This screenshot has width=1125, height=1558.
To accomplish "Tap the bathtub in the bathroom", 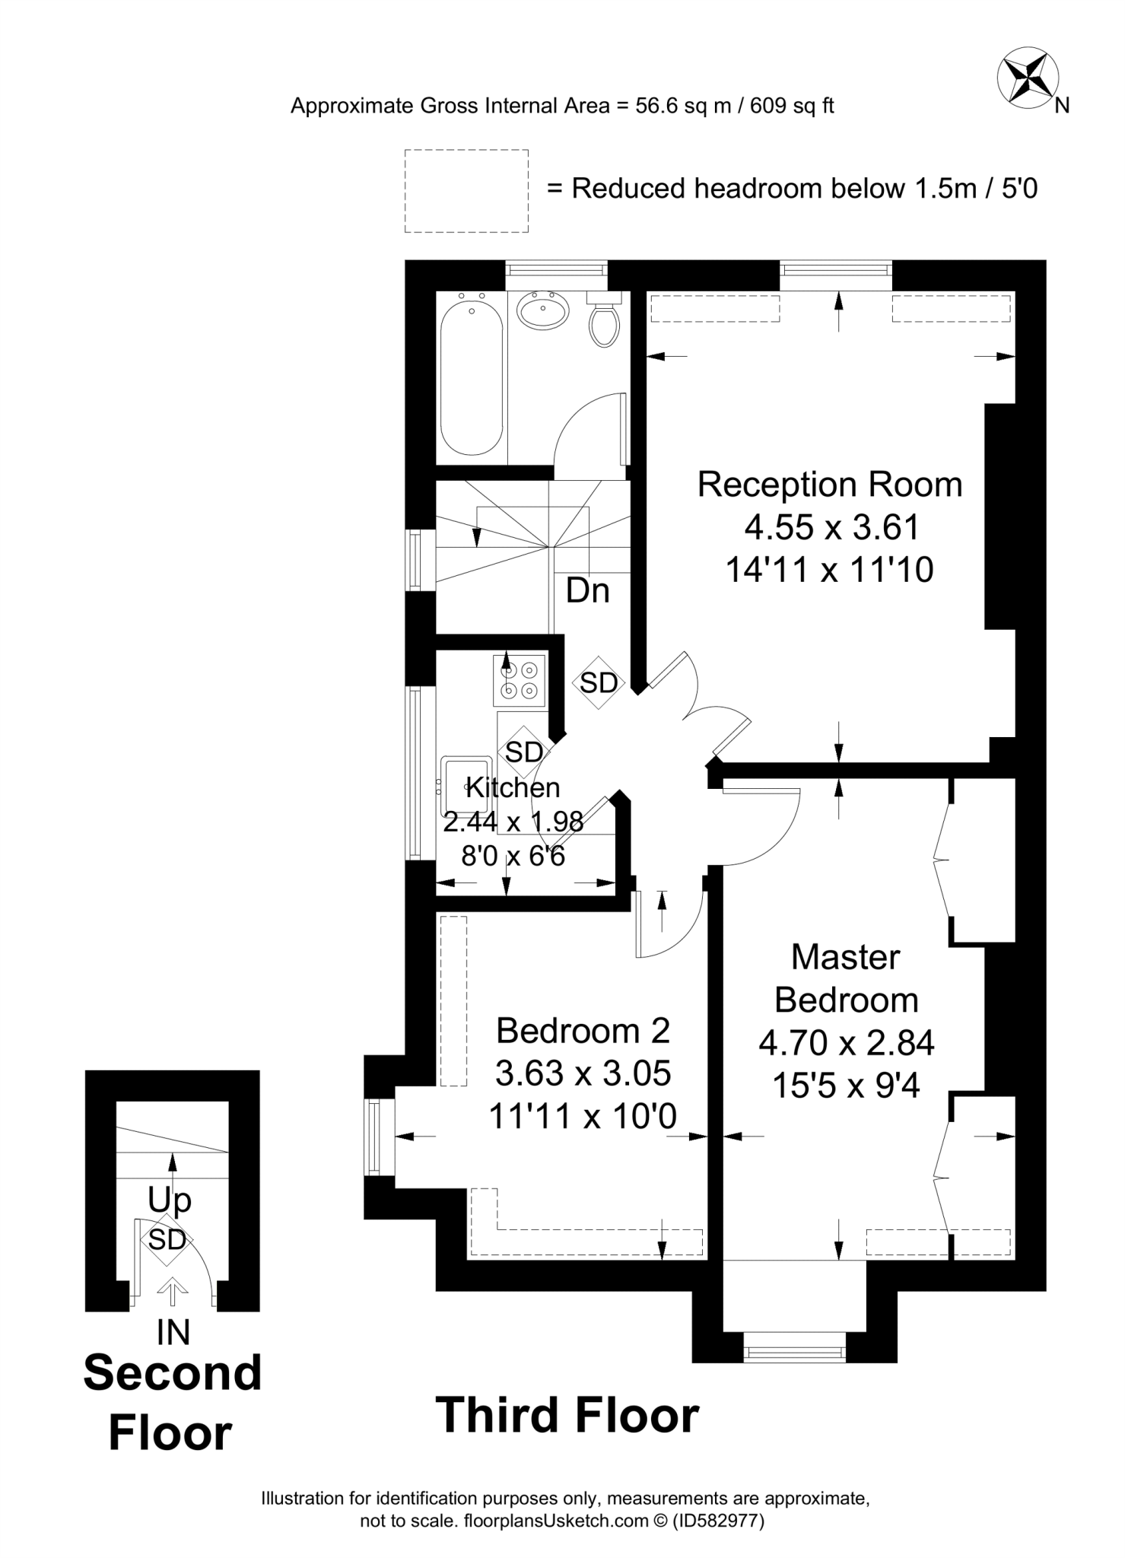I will click(472, 377).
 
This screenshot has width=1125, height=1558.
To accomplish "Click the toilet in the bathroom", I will click(605, 323).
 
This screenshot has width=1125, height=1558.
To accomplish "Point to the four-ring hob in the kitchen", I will click(520, 679).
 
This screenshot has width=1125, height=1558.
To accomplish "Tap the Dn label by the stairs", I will click(587, 591).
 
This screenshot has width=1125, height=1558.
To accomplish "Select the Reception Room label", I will click(829, 485).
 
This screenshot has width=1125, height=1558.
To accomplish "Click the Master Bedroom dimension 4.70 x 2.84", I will click(846, 1042).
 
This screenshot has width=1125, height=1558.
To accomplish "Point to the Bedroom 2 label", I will click(583, 1031).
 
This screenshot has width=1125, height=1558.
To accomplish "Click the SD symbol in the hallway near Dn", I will click(599, 683).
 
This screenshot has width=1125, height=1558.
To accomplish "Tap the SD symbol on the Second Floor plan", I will click(167, 1240).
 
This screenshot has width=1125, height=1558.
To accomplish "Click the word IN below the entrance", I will click(173, 1333).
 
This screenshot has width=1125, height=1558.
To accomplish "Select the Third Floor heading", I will click(567, 1416).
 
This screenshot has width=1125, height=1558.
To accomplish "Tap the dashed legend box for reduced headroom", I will click(466, 191).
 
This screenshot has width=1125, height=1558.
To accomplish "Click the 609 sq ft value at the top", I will click(792, 106).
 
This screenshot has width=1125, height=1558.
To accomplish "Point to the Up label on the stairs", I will click(169, 1200).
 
